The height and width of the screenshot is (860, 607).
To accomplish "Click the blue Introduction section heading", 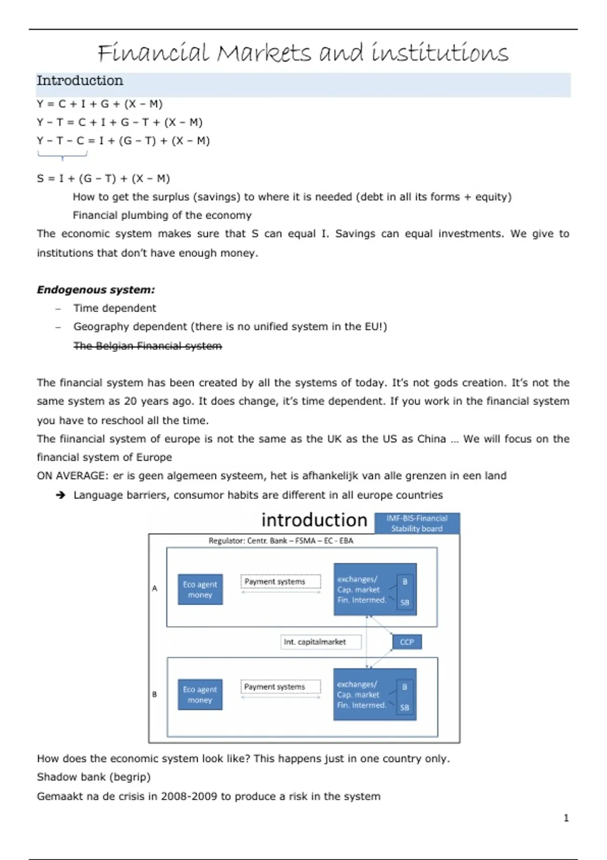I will click(80, 81).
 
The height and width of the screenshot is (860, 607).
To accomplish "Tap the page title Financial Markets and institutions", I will click(303, 53).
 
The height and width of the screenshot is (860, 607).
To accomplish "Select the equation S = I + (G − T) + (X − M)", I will click(103, 179).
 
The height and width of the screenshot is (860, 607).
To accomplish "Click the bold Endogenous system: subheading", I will click(96, 290).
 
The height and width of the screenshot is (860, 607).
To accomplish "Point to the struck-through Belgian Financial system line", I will click(147, 346).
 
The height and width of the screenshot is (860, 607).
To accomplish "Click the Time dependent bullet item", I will click(114, 308).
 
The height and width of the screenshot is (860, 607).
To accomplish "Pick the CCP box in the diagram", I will click(407, 642).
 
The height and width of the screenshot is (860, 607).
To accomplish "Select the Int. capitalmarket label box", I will click(321, 642).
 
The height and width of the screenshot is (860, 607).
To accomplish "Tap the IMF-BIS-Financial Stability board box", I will click(417, 524).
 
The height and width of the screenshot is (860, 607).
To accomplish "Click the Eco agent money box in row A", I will click(200, 589).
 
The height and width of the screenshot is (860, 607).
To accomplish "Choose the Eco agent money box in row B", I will click(200, 695).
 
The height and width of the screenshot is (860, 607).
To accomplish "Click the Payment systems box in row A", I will click(280, 582).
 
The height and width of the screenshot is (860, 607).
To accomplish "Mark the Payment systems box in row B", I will click(280, 687).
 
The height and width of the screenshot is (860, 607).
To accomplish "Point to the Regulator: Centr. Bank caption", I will click(281, 541).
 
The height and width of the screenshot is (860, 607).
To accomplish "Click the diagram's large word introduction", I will click(314, 520).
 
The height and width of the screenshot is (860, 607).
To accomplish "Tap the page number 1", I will click(566, 818).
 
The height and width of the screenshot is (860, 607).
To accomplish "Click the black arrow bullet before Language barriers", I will click(61, 495).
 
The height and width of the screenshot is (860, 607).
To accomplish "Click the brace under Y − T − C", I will click(62, 155).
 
